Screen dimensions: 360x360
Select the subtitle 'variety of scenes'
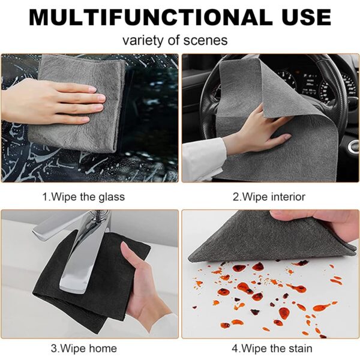[x=175, y=41]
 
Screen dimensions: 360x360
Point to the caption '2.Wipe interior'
[x=269, y=197]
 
